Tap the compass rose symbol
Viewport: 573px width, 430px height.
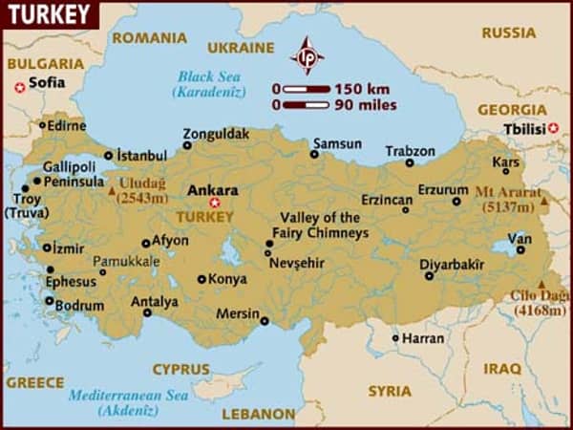pos(307,55)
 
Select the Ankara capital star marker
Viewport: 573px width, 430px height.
pos(215,203)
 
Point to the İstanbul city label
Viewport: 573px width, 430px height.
pos(141,155)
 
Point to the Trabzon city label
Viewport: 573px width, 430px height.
pos(410,151)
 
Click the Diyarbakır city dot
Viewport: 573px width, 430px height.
pos(429,276)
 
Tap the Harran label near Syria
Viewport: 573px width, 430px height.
pos(422,338)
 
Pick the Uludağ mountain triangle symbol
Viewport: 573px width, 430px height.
pos(113,190)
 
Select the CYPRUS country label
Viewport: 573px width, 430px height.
pos(180,369)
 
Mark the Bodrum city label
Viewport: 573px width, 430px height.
pos(79,306)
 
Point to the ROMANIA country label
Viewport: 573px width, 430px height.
pos(149,38)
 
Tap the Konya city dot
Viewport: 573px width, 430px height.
pos(202,280)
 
